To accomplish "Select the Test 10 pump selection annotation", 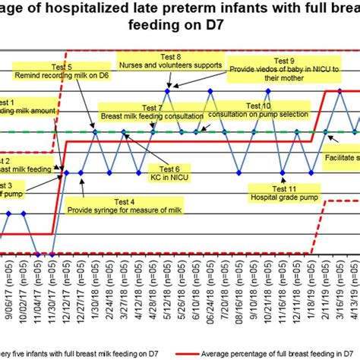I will pos(258,109).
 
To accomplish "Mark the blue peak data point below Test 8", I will pos(168,90).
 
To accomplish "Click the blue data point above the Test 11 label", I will pos(283,172).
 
